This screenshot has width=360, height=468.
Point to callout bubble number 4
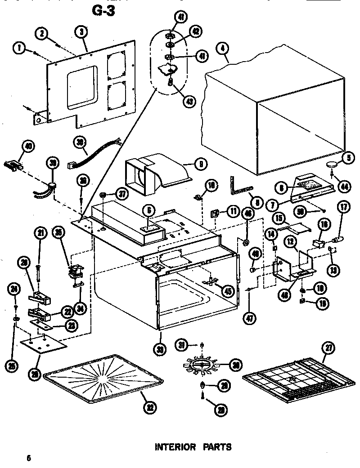coord(221,48)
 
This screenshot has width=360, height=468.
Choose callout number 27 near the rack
coord(328,348)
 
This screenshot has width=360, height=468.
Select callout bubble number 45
coord(229,291)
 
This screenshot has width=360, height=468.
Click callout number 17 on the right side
coord(344,208)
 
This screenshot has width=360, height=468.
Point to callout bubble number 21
coord(41,232)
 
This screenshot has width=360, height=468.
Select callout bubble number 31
coord(182,345)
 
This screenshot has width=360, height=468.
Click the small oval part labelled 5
coord(333,165)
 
